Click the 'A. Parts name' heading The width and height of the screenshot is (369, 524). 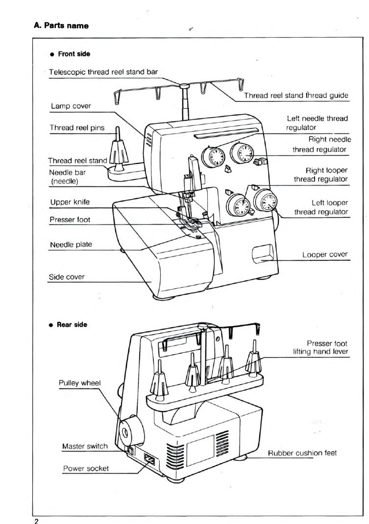[61, 25]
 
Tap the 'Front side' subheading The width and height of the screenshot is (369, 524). [74, 54]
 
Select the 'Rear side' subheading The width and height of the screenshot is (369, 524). [72, 324]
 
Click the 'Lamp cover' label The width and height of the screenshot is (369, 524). [71, 106]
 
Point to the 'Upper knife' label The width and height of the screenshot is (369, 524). [70, 202]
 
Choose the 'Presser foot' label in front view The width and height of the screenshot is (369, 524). [70, 220]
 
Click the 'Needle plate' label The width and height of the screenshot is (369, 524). [71, 245]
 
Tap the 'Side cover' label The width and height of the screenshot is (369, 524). [67, 277]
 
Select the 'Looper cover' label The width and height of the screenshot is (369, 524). [324, 254]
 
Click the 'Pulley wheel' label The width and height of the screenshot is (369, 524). [79, 383]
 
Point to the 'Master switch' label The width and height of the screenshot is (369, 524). [84, 446]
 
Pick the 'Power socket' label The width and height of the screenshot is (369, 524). [86, 468]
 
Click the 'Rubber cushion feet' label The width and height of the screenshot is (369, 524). [302, 453]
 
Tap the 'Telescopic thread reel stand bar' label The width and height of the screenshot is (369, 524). [103, 71]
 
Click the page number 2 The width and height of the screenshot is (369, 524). [36, 521]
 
